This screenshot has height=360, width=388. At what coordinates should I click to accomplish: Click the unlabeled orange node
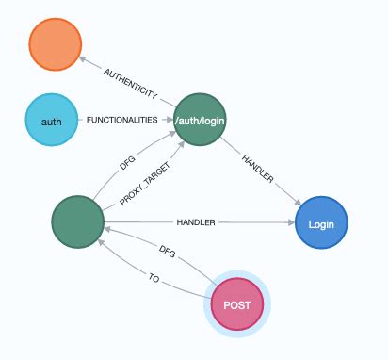56,42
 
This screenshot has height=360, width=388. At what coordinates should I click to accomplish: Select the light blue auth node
51,120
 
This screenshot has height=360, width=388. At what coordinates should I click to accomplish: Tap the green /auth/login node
201,120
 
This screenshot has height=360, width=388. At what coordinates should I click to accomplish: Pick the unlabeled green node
78,223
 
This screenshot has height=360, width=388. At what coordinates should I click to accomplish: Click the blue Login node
322,224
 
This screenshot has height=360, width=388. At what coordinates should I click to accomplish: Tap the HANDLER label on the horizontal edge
196,223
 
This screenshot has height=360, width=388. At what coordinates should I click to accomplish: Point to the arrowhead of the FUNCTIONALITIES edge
170,121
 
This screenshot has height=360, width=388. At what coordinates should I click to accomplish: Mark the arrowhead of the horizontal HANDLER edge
290,224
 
